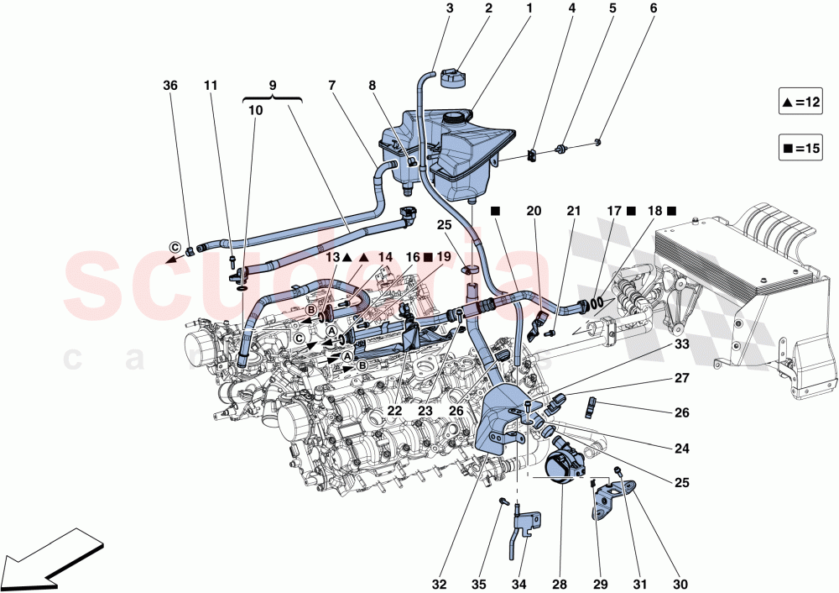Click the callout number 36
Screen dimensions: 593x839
pos(170,85)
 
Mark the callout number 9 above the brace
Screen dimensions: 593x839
pos(272,85)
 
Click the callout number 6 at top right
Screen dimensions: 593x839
pos(653,9)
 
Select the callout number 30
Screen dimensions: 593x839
pos(683,580)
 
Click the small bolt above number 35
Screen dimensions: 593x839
pos(503,501)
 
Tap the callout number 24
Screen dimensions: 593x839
pos(682,449)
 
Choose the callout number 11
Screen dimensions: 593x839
pos(211,85)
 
